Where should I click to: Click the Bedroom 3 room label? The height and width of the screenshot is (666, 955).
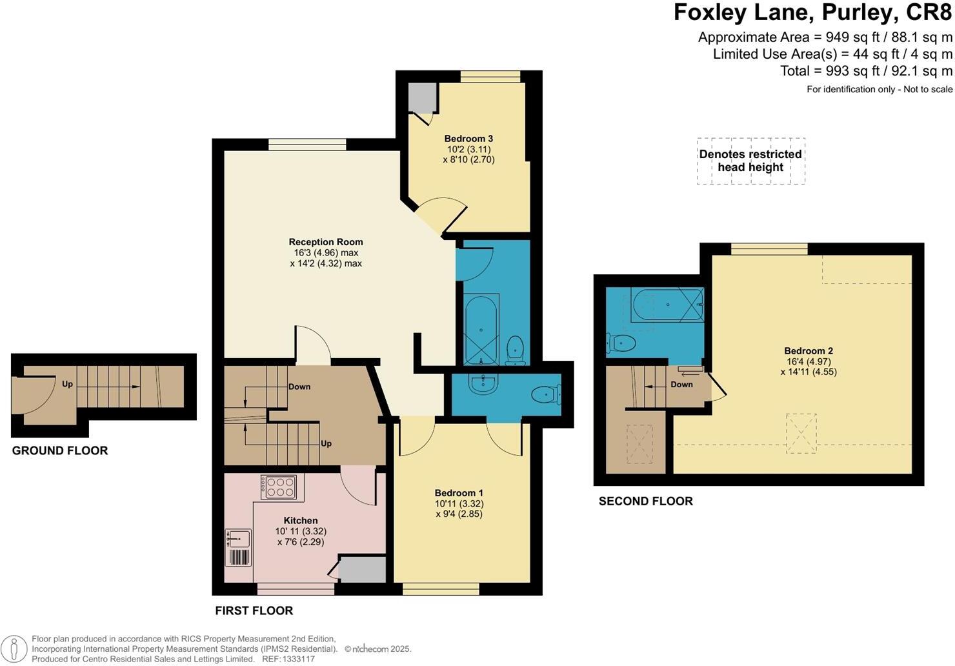pyautogui.click(x=468, y=139)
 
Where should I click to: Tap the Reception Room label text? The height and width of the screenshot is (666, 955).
pyautogui.click(x=326, y=242)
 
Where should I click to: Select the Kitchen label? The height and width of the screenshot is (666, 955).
pyautogui.click(x=301, y=520)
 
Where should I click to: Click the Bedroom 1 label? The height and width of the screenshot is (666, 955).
pyautogui.click(x=459, y=493)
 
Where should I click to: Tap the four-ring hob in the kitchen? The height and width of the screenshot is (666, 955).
pyautogui.click(x=279, y=487)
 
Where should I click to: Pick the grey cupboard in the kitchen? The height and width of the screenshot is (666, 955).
pyautogui.click(x=363, y=569)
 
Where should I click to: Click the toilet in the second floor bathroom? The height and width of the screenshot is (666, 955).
pyautogui.click(x=621, y=343)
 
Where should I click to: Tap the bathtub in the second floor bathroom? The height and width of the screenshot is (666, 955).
pyautogui.click(x=668, y=305)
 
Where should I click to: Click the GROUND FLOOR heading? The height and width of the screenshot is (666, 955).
pyautogui.click(x=59, y=450)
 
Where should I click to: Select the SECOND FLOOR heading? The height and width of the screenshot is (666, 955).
pyautogui.click(x=645, y=501)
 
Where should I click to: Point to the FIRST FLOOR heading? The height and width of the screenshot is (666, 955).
pyautogui.click(x=254, y=610)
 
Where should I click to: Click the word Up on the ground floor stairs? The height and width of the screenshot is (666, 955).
pyautogui.click(x=67, y=384)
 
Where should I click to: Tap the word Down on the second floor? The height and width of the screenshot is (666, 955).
pyautogui.click(x=681, y=384)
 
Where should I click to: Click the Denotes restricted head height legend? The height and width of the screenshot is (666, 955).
pyautogui.click(x=751, y=161)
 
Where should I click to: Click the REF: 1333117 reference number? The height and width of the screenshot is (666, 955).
pyautogui.click(x=288, y=659)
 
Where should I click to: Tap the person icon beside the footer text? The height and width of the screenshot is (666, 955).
pyautogui.click(x=14, y=649)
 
